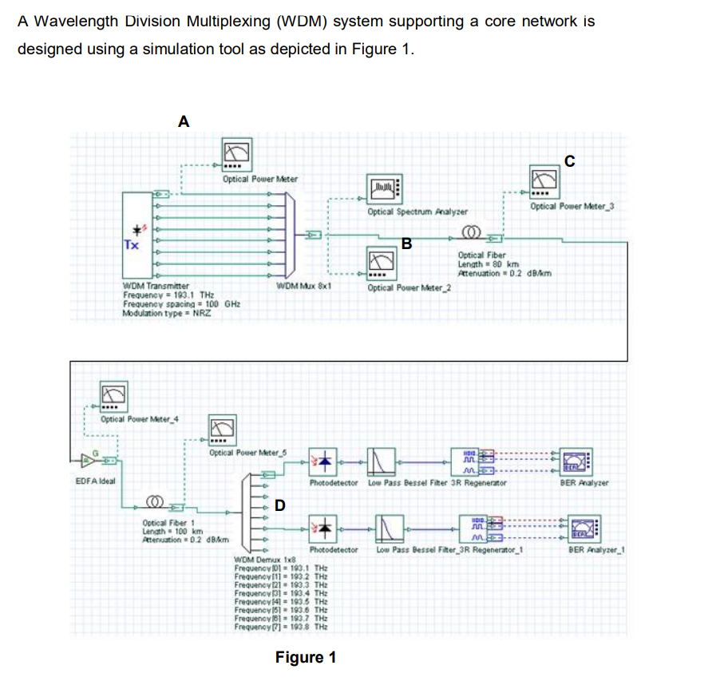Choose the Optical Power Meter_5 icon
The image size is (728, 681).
[224, 430]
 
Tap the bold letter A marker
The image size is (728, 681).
[184, 121]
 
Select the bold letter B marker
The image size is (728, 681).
[406, 243]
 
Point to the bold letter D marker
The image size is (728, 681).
[279, 505]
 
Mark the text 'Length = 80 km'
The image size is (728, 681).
[489, 264]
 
